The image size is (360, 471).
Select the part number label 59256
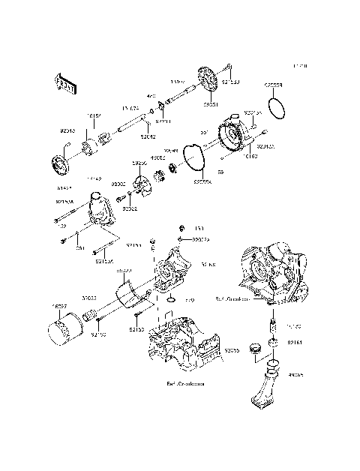(139, 161)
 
